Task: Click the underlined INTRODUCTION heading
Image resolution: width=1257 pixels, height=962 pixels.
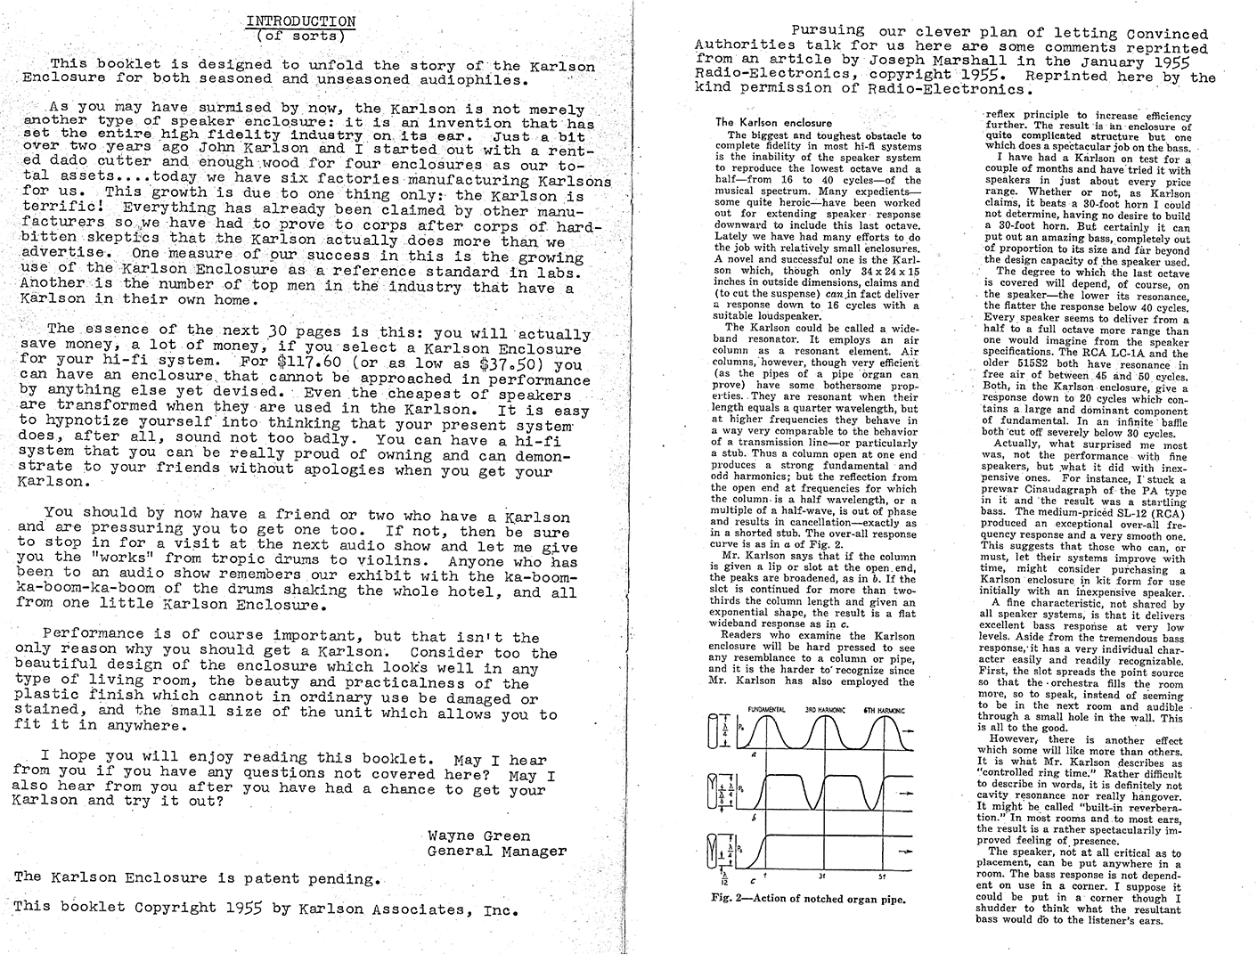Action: (x=300, y=21)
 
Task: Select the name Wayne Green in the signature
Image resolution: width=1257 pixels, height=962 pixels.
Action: (x=478, y=836)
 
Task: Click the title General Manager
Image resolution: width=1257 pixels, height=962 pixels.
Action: (x=496, y=851)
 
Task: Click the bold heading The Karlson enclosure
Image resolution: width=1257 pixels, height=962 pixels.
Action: (x=773, y=122)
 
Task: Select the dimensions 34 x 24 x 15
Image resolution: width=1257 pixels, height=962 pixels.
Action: (x=879, y=271)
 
